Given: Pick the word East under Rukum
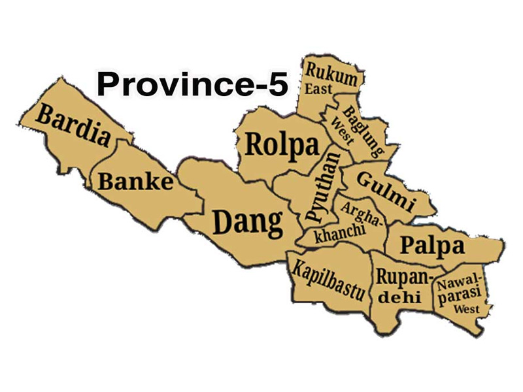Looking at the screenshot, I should click(x=318, y=90).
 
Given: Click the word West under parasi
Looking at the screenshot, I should click(x=467, y=308).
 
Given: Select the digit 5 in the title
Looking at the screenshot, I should click(x=277, y=84).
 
